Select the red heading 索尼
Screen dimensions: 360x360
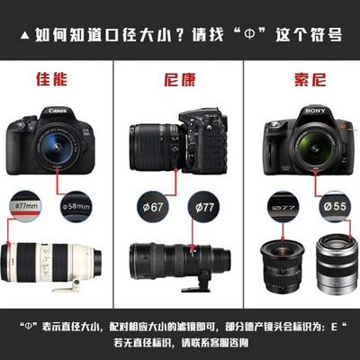pos(300,78)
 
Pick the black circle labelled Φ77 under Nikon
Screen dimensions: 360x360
pos(204,208)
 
